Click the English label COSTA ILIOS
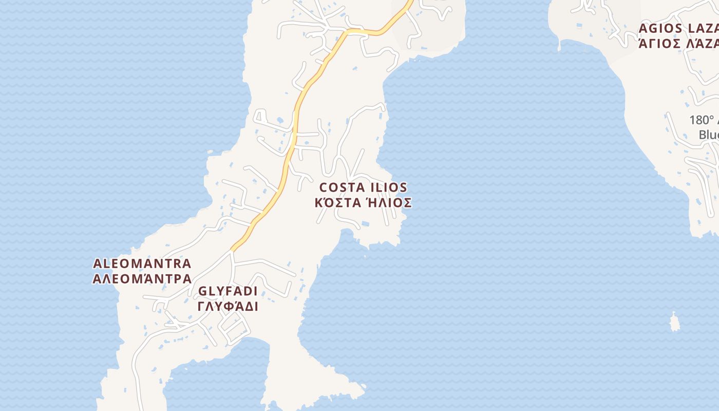click(363, 188)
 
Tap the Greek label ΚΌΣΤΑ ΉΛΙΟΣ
click(363, 202)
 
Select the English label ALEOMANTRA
click(142, 264)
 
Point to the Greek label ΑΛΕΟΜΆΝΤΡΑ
click(142, 279)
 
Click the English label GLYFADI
click(228, 291)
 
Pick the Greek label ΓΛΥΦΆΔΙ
click(228, 307)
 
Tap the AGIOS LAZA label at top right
click(678, 28)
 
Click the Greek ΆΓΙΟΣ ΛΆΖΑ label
click(678, 43)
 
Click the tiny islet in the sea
click(674, 323)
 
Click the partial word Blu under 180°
click(709, 135)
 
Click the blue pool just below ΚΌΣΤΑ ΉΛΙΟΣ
click(365, 224)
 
